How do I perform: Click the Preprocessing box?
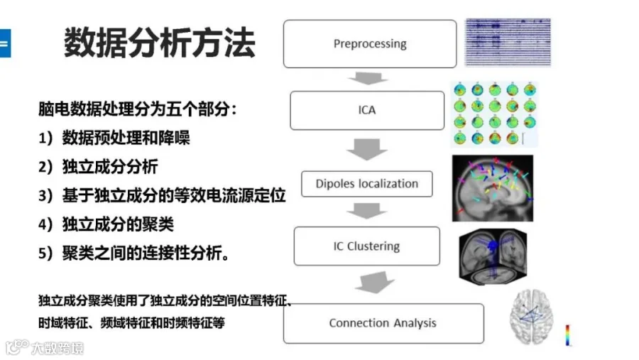pyautogui.click(x=370, y=43)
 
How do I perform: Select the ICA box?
pyautogui.click(x=367, y=111)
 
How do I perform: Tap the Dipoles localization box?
pyautogui.click(x=367, y=184)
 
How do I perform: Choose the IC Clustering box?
pyautogui.click(x=367, y=246)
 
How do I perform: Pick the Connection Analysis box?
pyautogui.click(x=383, y=323)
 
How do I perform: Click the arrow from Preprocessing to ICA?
pyautogui.click(x=368, y=78)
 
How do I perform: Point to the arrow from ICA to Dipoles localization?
pyautogui.click(x=367, y=149)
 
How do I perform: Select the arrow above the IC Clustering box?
pyautogui.click(x=367, y=211)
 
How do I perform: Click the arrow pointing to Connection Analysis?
pyautogui.click(x=374, y=282)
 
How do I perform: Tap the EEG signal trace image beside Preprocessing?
pyautogui.click(x=508, y=42)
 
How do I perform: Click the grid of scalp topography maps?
pyautogui.click(x=494, y=114)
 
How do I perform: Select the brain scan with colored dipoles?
pyautogui.click(x=492, y=188)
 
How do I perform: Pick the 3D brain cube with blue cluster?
pyautogui.click(x=493, y=256)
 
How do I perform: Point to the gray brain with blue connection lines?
pyautogui.click(x=531, y=317)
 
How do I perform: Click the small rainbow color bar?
pyautogui.click(x=567, y=335)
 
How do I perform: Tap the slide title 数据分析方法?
pyautogui.click(x=159, y=43)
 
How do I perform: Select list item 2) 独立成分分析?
pyautogui.click(x=98, y=167)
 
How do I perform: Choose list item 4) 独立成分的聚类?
pyautogui.click(x=106, y=224)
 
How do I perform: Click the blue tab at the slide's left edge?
pyautogui.click(x=5, y=43)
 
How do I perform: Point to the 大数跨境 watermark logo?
pyautogui.click(x=45, y=347)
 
